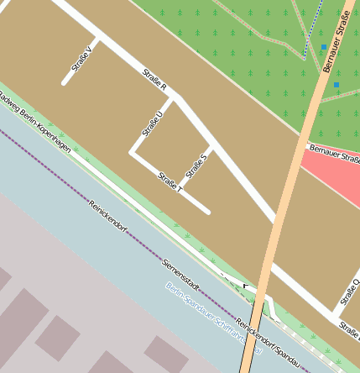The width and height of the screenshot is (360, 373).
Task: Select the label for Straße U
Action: [152, 122]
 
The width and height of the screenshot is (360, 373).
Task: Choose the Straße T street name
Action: [170, 182]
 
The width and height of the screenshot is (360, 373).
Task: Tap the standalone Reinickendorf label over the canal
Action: [109, 217]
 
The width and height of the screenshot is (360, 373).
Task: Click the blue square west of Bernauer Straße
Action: [323, 47]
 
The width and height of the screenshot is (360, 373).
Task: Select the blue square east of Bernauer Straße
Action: [337, 84]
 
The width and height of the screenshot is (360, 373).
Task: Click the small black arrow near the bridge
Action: [245, 286]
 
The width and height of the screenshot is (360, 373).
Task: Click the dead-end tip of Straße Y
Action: [65, 83]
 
